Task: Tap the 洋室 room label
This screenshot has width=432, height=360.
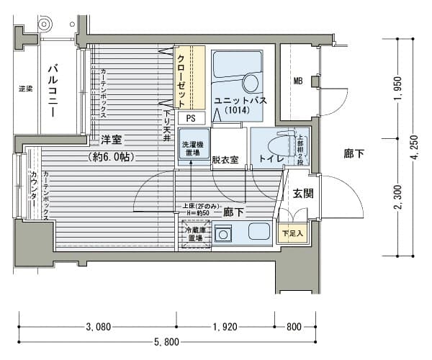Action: point(111,139)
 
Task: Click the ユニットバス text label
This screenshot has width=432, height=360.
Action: point(240,101)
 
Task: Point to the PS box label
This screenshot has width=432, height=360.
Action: point(190,117)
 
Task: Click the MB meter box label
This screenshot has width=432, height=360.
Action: point(297,81)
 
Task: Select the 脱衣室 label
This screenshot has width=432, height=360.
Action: point(226,160)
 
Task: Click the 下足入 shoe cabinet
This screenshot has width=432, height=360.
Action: point(292,233)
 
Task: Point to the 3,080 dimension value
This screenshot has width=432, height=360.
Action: point(98,327)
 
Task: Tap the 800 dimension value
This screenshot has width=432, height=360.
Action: point(293,327)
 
